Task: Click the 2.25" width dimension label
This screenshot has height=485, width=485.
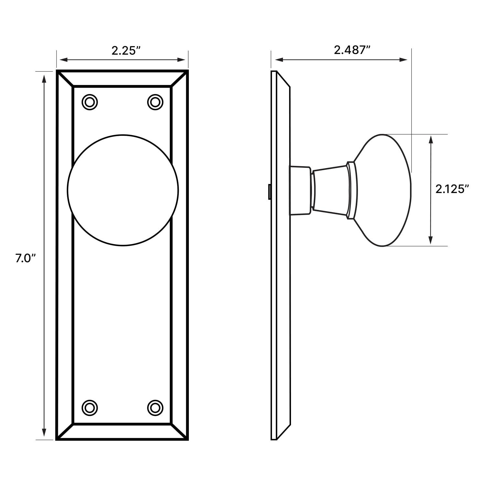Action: pos(126,50)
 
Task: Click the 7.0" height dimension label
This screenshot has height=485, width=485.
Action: pos(25,258)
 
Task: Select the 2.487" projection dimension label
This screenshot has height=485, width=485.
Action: pos(352,50)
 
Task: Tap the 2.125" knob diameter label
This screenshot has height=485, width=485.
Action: pos(452,189)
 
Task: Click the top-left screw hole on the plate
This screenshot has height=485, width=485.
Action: pos(90,102)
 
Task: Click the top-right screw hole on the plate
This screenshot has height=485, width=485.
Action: pos(155,102)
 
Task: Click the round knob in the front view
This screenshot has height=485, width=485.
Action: pos(123,190)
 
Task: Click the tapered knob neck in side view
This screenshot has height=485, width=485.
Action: pos(330,190)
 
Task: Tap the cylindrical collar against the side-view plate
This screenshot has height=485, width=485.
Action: pos(300,190)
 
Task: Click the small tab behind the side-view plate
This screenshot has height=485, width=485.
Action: pos(269,191)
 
